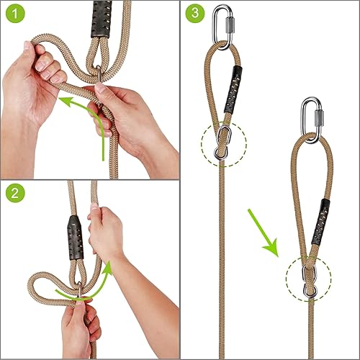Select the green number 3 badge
point(195,14)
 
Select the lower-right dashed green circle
point(308,276)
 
